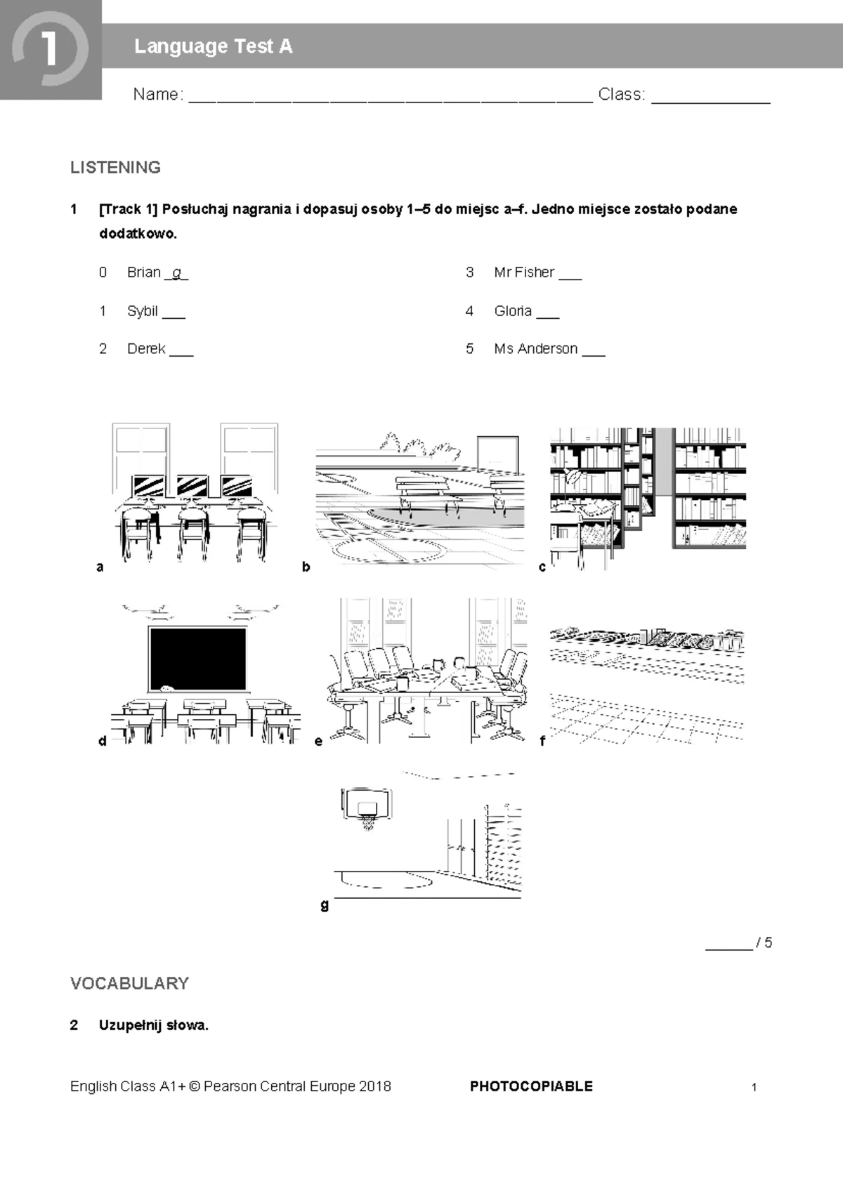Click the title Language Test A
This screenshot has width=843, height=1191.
213,46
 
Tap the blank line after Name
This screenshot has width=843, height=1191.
391,98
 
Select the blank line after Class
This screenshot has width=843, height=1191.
710,98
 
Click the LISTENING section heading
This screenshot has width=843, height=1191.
115,167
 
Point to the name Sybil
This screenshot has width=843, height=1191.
142,310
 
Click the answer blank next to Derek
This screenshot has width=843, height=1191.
181,353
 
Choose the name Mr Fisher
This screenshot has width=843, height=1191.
524,272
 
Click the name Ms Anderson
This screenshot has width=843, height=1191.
535,349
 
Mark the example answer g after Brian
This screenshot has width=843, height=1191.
176,272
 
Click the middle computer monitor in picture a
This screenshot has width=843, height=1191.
192,485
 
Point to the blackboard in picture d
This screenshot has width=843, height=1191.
197,659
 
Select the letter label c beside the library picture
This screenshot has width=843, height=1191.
542,567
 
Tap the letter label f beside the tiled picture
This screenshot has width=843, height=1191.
542,740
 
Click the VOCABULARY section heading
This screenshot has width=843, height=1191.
129,983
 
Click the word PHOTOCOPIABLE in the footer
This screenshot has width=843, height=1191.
531,1086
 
